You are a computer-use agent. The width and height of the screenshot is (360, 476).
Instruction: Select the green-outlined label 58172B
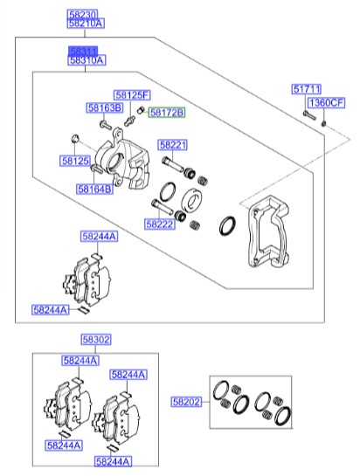coord(166,114)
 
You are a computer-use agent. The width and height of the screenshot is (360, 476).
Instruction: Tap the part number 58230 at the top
coord(86,15)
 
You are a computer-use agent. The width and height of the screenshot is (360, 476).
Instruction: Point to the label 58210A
coord(86,24)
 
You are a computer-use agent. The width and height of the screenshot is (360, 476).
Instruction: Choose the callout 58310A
coord(87,61)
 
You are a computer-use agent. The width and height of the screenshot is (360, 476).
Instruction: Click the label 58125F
coord(132,94)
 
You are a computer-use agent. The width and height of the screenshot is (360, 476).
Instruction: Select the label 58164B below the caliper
coord(94,189)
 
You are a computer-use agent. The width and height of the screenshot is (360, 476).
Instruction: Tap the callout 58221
coord(173,144)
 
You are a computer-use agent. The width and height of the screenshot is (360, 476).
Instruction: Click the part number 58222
coord(161,224)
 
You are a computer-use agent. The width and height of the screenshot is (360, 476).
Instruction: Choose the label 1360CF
coord(329,103)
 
